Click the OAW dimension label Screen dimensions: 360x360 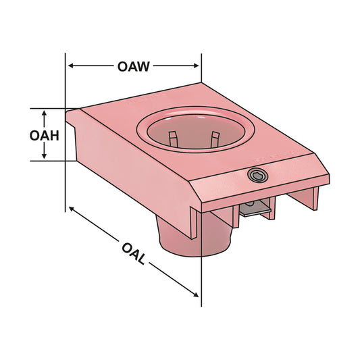click(x=133, y=66)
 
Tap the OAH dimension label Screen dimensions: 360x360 click(x=45, y=135)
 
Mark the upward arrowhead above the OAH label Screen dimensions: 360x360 click(x=45, y=113)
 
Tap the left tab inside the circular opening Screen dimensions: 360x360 click(x=173, y=139)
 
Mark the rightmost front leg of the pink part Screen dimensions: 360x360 click(x=312, y=197)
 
